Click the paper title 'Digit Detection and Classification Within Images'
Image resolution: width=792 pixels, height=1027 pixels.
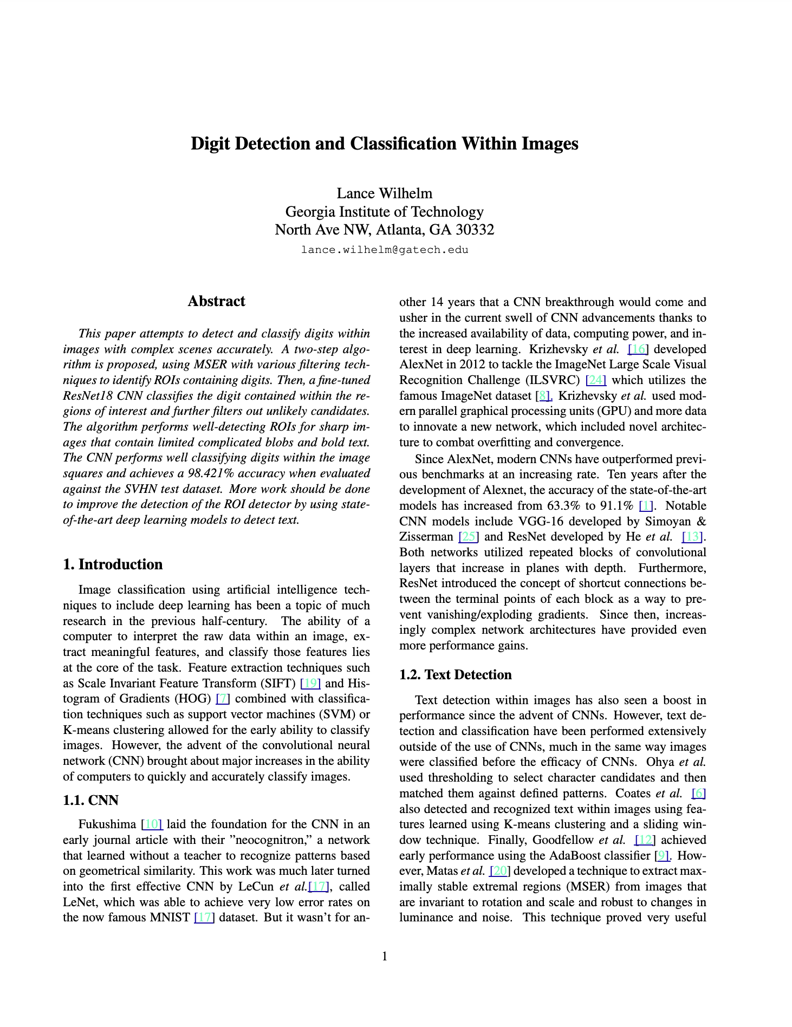384,144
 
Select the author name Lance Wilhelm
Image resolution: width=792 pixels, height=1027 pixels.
384,193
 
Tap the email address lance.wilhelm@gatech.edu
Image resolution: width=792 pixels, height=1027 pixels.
384,250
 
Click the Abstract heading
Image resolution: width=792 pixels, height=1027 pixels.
216,301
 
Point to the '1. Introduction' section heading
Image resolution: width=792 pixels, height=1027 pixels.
113,564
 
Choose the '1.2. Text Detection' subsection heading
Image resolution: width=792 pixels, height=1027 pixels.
455,674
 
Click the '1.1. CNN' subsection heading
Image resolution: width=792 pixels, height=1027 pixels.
90,800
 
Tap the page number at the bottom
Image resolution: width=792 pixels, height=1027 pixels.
385,957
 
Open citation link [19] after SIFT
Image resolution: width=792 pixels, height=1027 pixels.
310,684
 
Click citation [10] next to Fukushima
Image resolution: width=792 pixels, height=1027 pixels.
152,824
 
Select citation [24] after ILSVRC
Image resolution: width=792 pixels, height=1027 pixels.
596,380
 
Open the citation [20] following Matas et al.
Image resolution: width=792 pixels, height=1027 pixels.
498,871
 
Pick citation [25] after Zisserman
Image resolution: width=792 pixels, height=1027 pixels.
468,537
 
